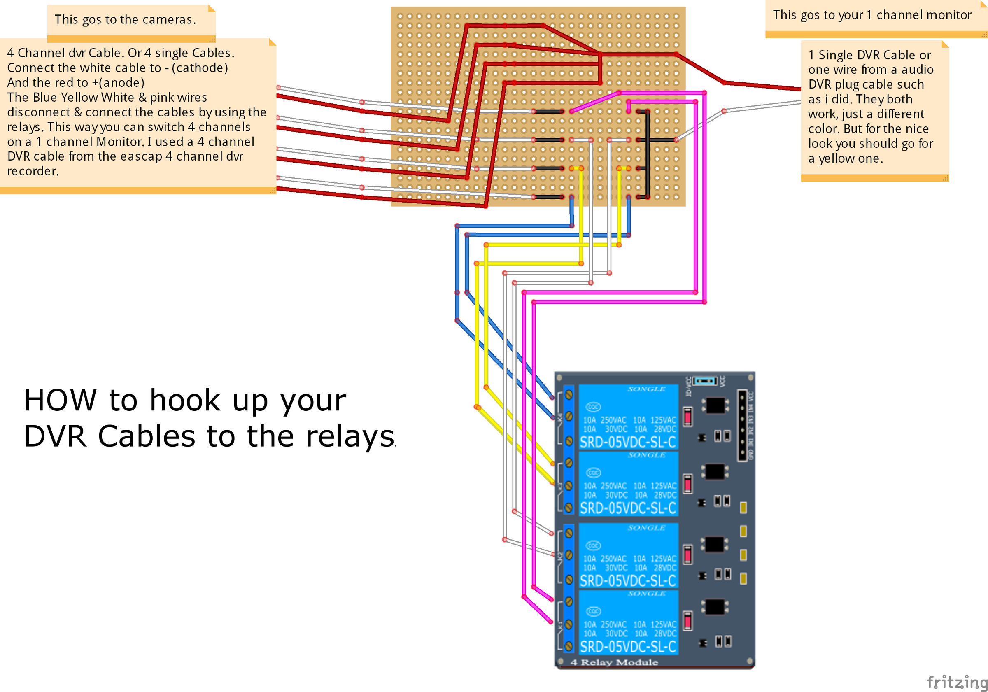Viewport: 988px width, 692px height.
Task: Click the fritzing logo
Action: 957,682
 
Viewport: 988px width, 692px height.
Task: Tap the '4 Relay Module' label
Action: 614,662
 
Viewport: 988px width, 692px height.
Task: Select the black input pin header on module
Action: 742,425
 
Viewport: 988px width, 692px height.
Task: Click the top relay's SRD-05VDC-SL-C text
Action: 628,442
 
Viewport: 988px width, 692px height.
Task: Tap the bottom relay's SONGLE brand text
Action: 646,594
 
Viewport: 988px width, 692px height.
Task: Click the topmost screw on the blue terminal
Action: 569,395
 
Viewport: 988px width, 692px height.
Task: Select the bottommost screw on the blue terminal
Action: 569,646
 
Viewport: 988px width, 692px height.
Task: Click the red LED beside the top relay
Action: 687,417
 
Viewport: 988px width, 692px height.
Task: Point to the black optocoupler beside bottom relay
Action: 715,607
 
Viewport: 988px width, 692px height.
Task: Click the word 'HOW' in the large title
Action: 60,400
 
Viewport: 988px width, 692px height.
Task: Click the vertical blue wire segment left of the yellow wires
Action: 457,271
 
